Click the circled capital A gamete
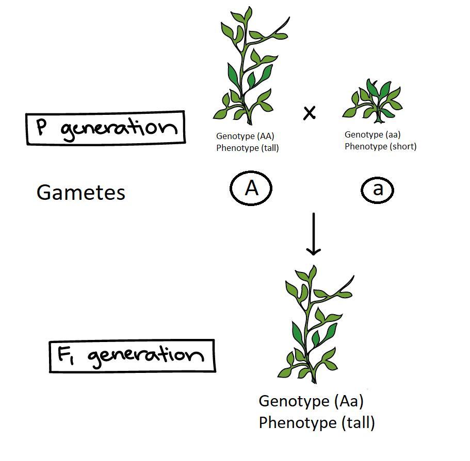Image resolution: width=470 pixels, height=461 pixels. [x=250, y=189]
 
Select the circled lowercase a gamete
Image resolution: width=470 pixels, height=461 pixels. [x=377, y=190]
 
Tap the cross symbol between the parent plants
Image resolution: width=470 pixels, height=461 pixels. [x=309, y=113]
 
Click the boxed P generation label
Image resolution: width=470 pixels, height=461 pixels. [x=106, y=128]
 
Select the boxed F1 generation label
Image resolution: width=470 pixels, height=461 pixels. [x=132, y=355]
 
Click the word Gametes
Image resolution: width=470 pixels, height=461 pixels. [x=81, y=193]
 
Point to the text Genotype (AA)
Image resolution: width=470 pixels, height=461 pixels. [x=245, y=136]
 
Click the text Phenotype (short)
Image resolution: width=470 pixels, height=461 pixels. [x=380, y=146]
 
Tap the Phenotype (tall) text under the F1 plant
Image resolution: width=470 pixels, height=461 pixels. [x=316, y=423]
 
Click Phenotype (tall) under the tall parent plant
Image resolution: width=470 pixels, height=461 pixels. [x=247, y=148]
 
